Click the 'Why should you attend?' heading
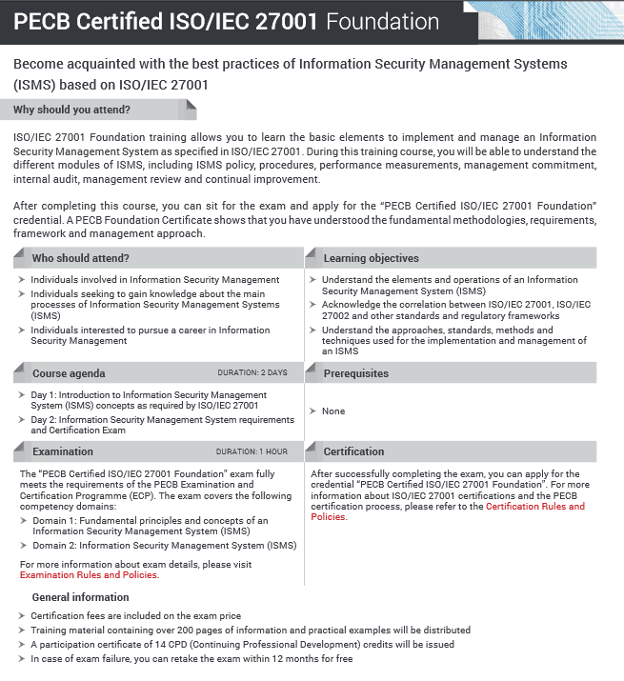[71, 110]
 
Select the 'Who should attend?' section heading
[80, 258]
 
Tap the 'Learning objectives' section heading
[371, 258]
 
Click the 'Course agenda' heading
[69, 373]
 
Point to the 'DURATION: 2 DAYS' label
[252, 372]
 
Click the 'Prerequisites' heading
[355, 373]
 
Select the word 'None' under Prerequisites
[333, 411]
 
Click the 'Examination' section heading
[63, 451]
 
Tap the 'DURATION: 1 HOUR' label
[251, 451]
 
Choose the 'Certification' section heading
[353, 451]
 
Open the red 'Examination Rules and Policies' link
[89, 575]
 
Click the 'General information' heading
[80, 597]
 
